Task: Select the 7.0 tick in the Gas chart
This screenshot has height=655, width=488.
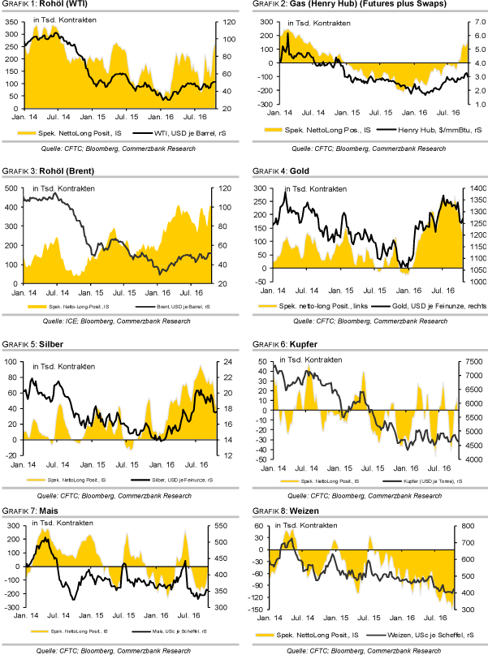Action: click(x=476, y=23)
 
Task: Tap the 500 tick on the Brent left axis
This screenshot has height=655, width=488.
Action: click(x=13, y=188)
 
